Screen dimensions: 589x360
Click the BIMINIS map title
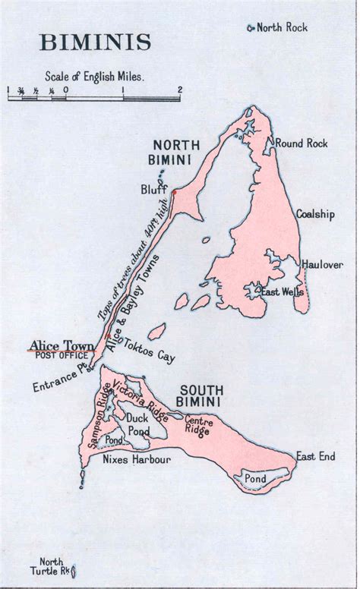(x=96, y=42)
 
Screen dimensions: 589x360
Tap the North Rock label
(x=282, y=28)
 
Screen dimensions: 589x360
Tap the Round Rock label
(x=301, y=143)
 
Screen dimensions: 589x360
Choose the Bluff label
(x=153, y=188)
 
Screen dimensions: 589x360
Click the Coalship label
(x=314, y=214)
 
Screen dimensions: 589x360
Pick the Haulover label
(x=322, y=264)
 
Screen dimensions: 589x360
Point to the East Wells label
(x=282, y=291)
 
